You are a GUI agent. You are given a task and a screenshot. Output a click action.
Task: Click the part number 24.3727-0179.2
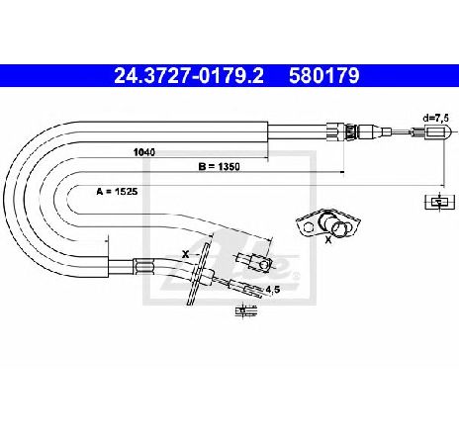(189, 76)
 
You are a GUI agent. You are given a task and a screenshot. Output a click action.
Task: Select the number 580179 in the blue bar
(324, 76)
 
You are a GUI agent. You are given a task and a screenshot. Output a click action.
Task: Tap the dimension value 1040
(144, 152)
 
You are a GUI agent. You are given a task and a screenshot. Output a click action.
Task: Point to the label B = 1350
(219, 167)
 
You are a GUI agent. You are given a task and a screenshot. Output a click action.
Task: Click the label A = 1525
(117, 191)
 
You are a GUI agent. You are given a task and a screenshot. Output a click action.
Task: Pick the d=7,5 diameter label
(436, 119)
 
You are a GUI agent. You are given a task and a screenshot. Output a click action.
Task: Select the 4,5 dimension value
(273, 290)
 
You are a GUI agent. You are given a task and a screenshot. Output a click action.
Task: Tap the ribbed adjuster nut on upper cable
(350, 131)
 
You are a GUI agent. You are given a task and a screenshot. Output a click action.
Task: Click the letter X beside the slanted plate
(186, 254)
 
